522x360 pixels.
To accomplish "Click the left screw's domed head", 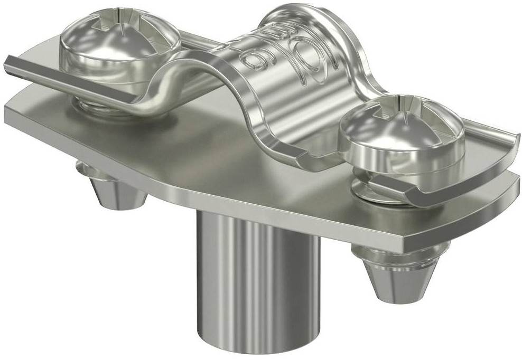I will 117,53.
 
